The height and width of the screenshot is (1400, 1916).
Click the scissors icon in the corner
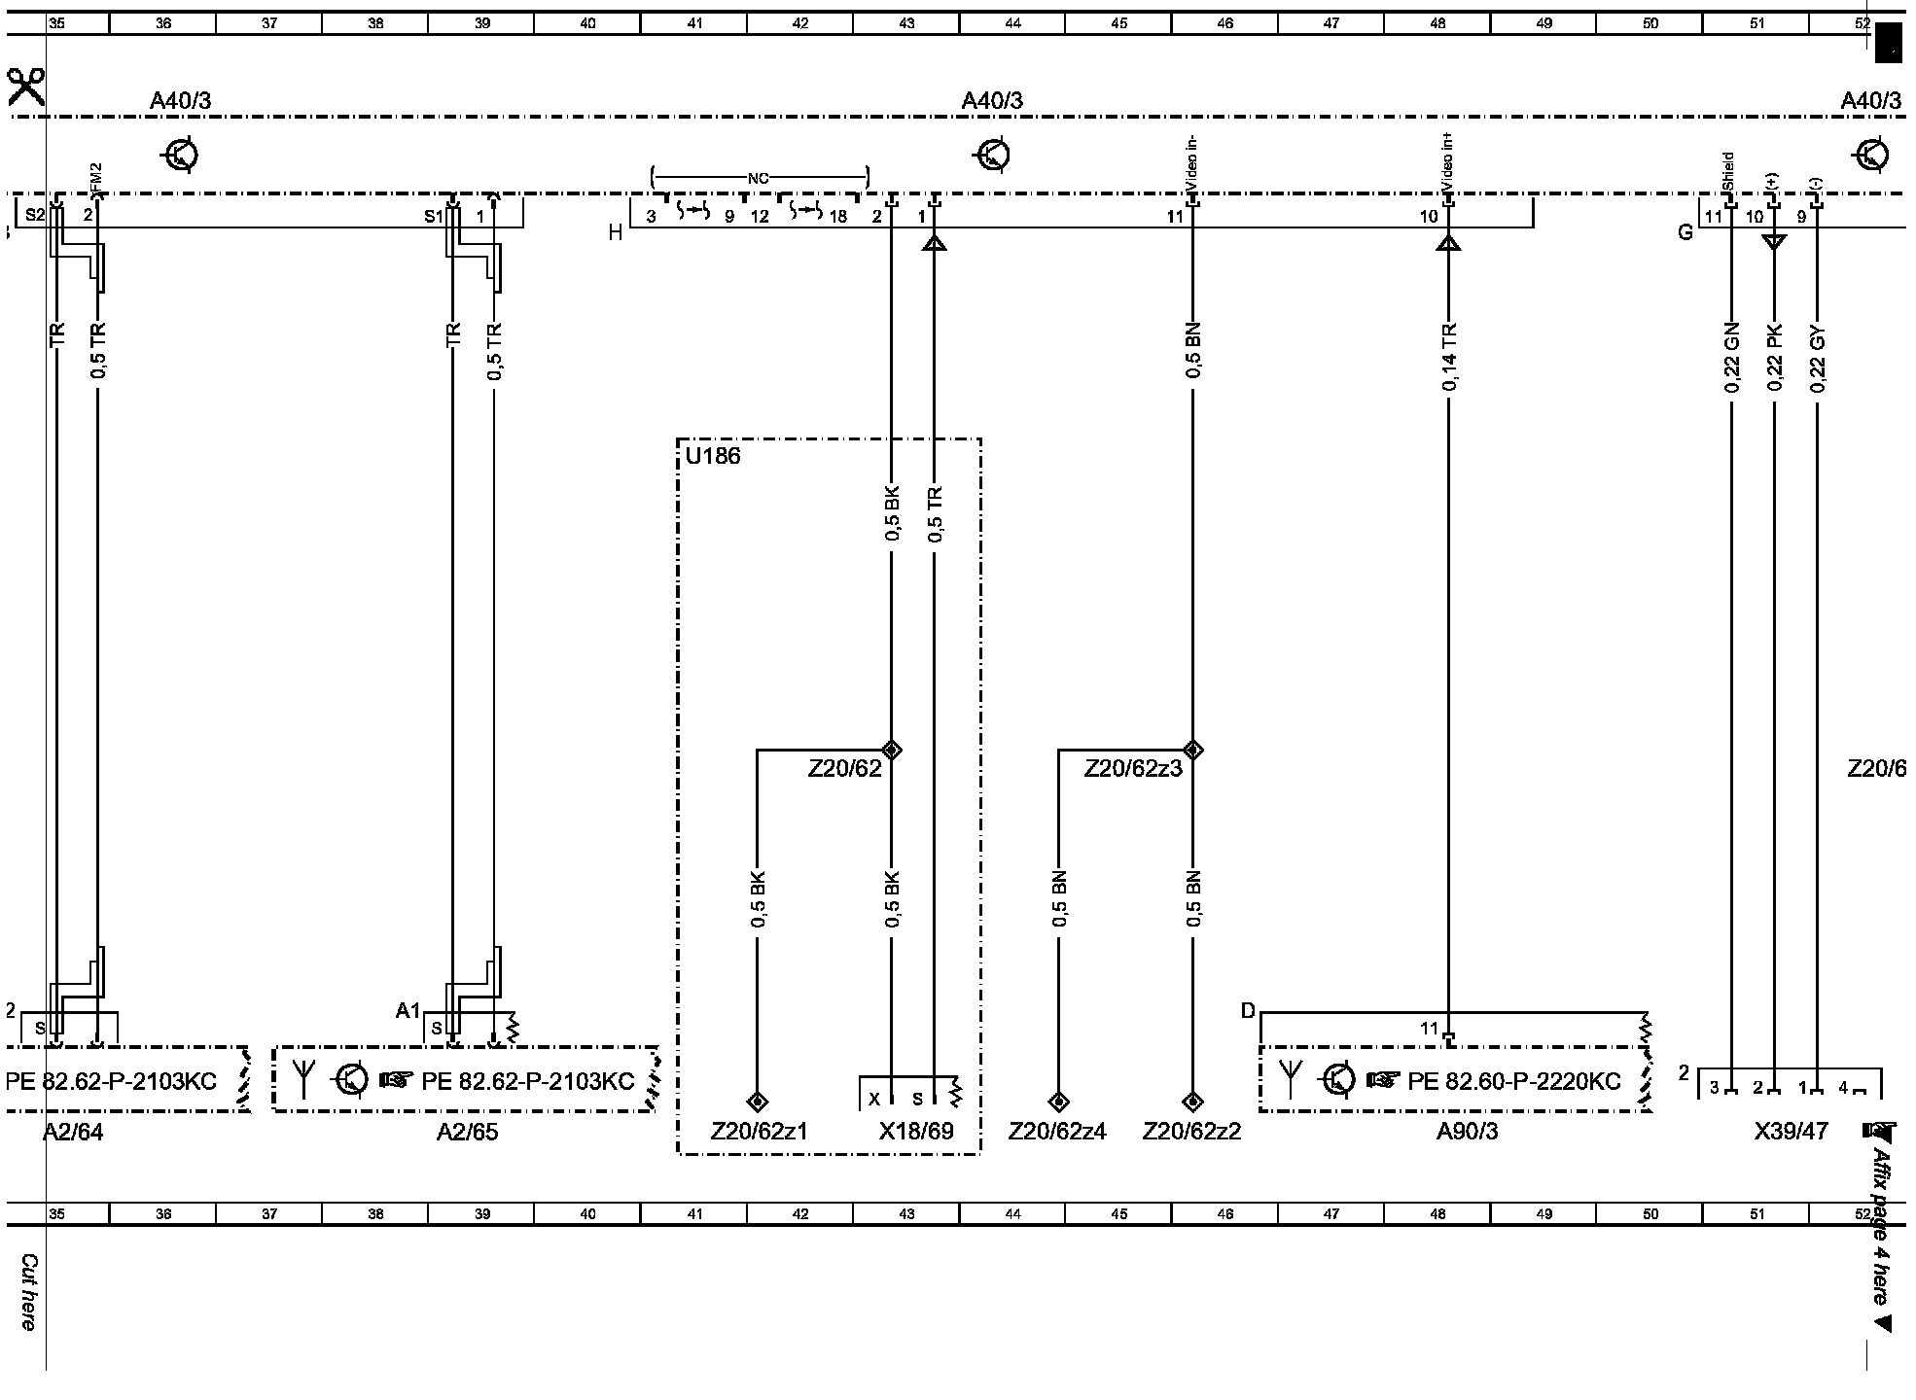(x=25, y=87)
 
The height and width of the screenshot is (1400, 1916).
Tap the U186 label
(x=713, y=457)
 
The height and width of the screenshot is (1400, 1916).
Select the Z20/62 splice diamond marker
(x=891, y=750)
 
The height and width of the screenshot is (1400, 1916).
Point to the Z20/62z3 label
(x=1133, y=769)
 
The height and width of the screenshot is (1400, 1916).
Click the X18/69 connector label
(x=916, y=1132)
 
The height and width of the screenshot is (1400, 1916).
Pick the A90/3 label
(x=1467, y=1132)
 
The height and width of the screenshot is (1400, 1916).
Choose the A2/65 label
(x=467, y=1132)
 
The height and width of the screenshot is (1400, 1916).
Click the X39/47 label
(x=1791, y=1132)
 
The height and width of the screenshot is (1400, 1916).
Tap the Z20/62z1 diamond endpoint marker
(x=758, y=1102)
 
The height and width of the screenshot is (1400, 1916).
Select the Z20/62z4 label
(x=1057, y=1132)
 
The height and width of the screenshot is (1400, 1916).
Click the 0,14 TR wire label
(x=1449, y=358)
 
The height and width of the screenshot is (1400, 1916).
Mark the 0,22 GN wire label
(x=1731, y=358)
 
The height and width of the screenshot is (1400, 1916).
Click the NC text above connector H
(x=759, y=179)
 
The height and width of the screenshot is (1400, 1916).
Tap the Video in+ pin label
(x=1448, y=164)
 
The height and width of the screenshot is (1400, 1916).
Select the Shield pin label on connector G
(x=1728, y=171)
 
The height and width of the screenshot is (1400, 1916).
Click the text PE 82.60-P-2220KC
(x=1513, y=1081)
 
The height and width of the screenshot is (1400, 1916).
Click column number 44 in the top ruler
(x=1012, y=23)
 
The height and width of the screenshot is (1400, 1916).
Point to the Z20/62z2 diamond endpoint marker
(x=1192, y=1102)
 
